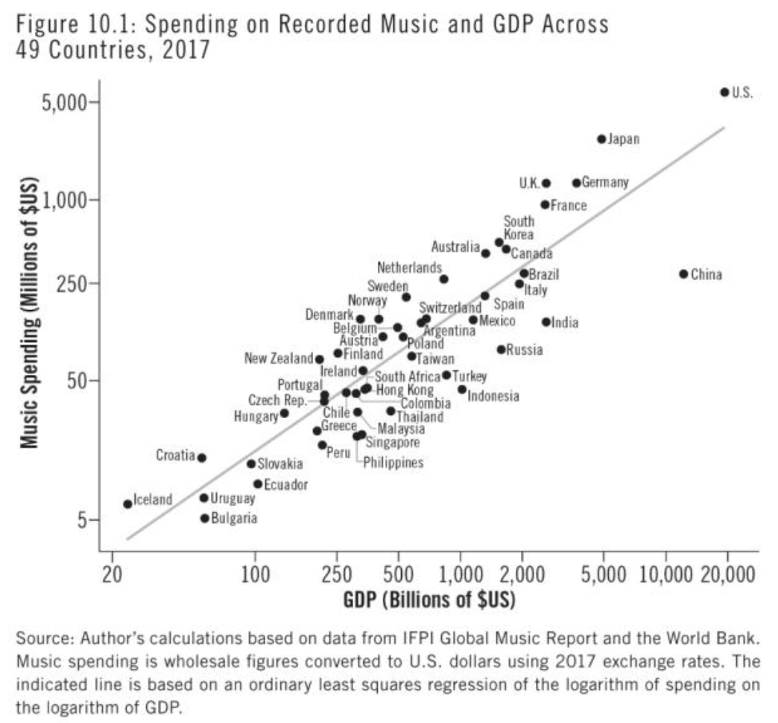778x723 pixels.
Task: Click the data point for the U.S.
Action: tap(724, 92)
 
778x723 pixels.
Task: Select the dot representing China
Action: tap(683, 274)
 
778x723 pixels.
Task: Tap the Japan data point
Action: tap(601, 139)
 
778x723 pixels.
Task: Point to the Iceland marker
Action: tap(127, 504)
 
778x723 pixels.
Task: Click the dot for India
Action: tap(546, 322)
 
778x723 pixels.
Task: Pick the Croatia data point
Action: tap(201, 458)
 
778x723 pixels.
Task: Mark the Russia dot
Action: tap(501, 349)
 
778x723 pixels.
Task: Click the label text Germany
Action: tap(605, 182)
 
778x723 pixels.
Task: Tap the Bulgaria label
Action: tap(234, 518)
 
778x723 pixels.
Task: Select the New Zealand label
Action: tap(279, 359)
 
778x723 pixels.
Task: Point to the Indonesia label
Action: tap(493, 396)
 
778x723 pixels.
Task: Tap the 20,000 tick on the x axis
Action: tap(728, 575)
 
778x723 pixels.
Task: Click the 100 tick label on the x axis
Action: tap(256, 575)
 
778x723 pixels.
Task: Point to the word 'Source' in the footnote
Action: tap(38, 639)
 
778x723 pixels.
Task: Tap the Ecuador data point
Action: tap(258, 484)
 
